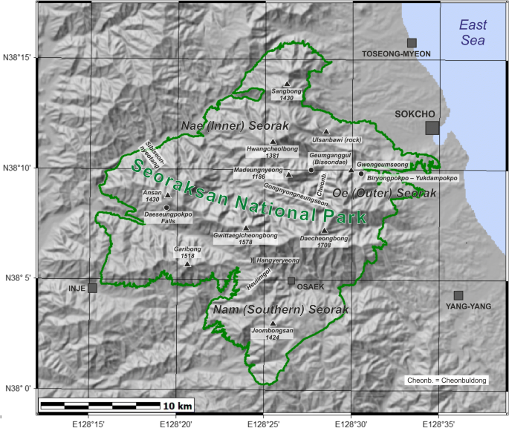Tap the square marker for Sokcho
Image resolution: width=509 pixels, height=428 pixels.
432,128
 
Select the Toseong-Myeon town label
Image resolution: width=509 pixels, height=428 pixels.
395,54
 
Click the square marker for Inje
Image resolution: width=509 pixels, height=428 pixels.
92,288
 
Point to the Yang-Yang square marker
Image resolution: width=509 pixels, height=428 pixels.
458,295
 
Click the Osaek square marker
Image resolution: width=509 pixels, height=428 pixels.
291,280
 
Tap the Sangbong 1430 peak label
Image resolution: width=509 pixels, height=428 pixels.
286,94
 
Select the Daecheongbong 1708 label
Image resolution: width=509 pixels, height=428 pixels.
323,242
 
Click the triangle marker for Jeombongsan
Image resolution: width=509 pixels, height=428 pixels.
273,323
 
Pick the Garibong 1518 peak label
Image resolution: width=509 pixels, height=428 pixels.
187,252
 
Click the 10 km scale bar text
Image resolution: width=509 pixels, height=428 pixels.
178,406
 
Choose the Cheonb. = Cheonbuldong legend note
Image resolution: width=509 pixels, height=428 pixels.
447,380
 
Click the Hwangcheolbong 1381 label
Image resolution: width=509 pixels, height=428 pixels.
272,152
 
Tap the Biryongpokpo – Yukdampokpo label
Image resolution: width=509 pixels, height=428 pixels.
412,178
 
